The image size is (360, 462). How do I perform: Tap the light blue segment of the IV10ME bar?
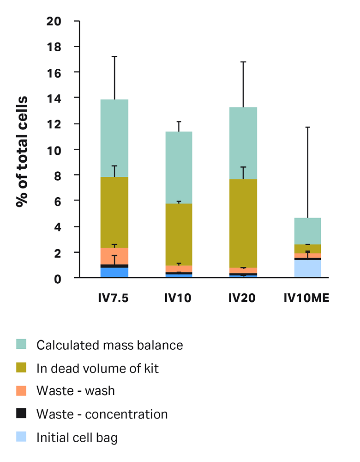307,268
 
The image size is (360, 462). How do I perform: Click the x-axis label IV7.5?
113,298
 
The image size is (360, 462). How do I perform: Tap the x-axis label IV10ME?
306,298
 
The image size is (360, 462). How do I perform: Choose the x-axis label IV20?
242,298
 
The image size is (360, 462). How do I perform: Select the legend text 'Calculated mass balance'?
110,345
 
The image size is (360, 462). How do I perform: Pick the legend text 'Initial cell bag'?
77,437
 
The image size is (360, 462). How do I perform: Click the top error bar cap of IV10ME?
307,127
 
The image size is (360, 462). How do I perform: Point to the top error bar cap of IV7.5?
114,56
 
